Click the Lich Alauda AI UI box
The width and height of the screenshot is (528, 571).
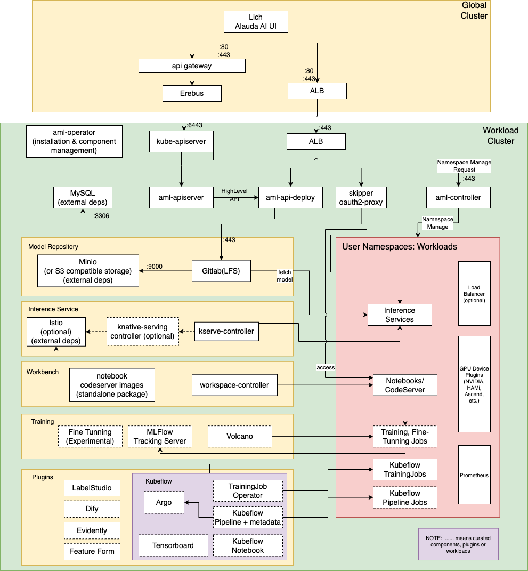[255, 22]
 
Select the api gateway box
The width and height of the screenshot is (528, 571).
[191, 66]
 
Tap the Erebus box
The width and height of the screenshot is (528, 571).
[191, 93]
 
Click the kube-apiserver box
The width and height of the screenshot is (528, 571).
[181, 142]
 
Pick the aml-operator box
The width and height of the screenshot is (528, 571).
[74, 141]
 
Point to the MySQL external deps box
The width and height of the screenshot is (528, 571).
[83, 197]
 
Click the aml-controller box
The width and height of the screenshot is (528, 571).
[458, 197]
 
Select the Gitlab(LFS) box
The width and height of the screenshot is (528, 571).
[221, 271]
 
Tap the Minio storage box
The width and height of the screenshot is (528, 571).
[88, 271]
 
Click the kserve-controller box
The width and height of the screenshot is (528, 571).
[226, 331]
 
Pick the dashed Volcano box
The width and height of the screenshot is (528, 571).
[239, 436]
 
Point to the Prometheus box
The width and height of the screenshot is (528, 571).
[474, 475]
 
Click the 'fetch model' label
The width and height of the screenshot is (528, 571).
[285, 275]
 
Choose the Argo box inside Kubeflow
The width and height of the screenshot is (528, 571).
[164, 502]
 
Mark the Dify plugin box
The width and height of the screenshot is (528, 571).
[91, 509]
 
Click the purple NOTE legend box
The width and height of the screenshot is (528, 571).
[458, 544]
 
